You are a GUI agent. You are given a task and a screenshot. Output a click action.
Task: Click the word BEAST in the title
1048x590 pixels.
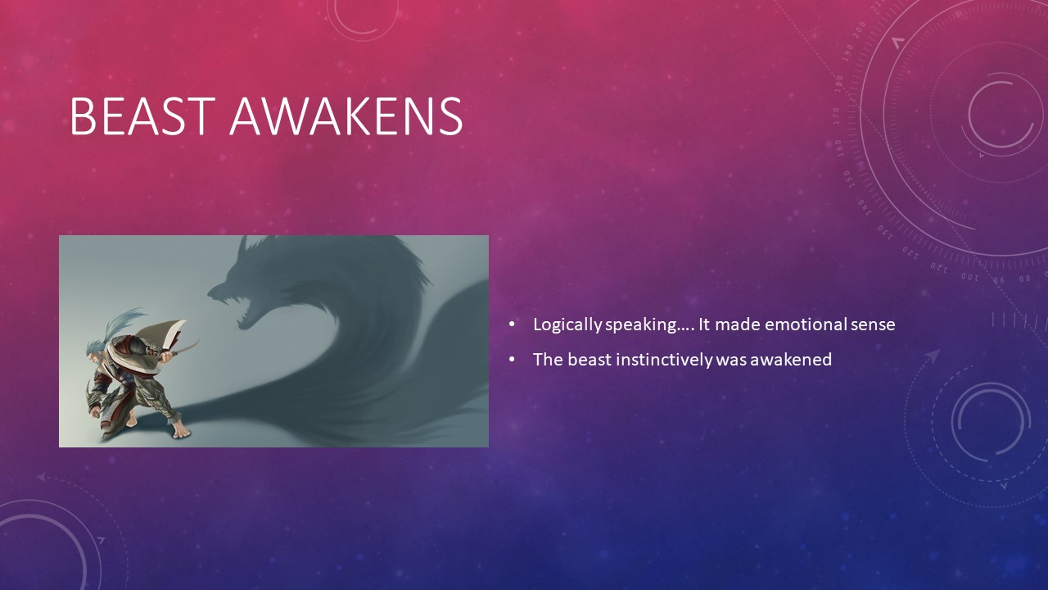[x=142, y=116]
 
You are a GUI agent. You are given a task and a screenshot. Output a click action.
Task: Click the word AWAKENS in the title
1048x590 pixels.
[x=346, y=116]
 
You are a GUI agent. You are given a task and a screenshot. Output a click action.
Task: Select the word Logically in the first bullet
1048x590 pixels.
[x=567, y=325]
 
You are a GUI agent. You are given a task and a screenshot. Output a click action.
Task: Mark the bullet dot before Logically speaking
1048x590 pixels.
[x=512, y=324]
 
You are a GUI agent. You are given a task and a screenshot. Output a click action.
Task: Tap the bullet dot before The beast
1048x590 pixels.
[x=512, y=359]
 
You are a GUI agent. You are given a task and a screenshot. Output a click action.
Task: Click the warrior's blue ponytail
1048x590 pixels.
[x=123, y=322]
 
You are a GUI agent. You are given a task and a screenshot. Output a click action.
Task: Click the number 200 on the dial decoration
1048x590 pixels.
[x=860, y=29]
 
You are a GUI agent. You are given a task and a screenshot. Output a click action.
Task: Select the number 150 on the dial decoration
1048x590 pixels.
[x=847, y=179]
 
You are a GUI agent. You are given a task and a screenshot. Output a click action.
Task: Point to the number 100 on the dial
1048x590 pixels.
[x=969, y=277]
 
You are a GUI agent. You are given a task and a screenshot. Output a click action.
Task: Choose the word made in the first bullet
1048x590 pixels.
[x=738, y=324]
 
